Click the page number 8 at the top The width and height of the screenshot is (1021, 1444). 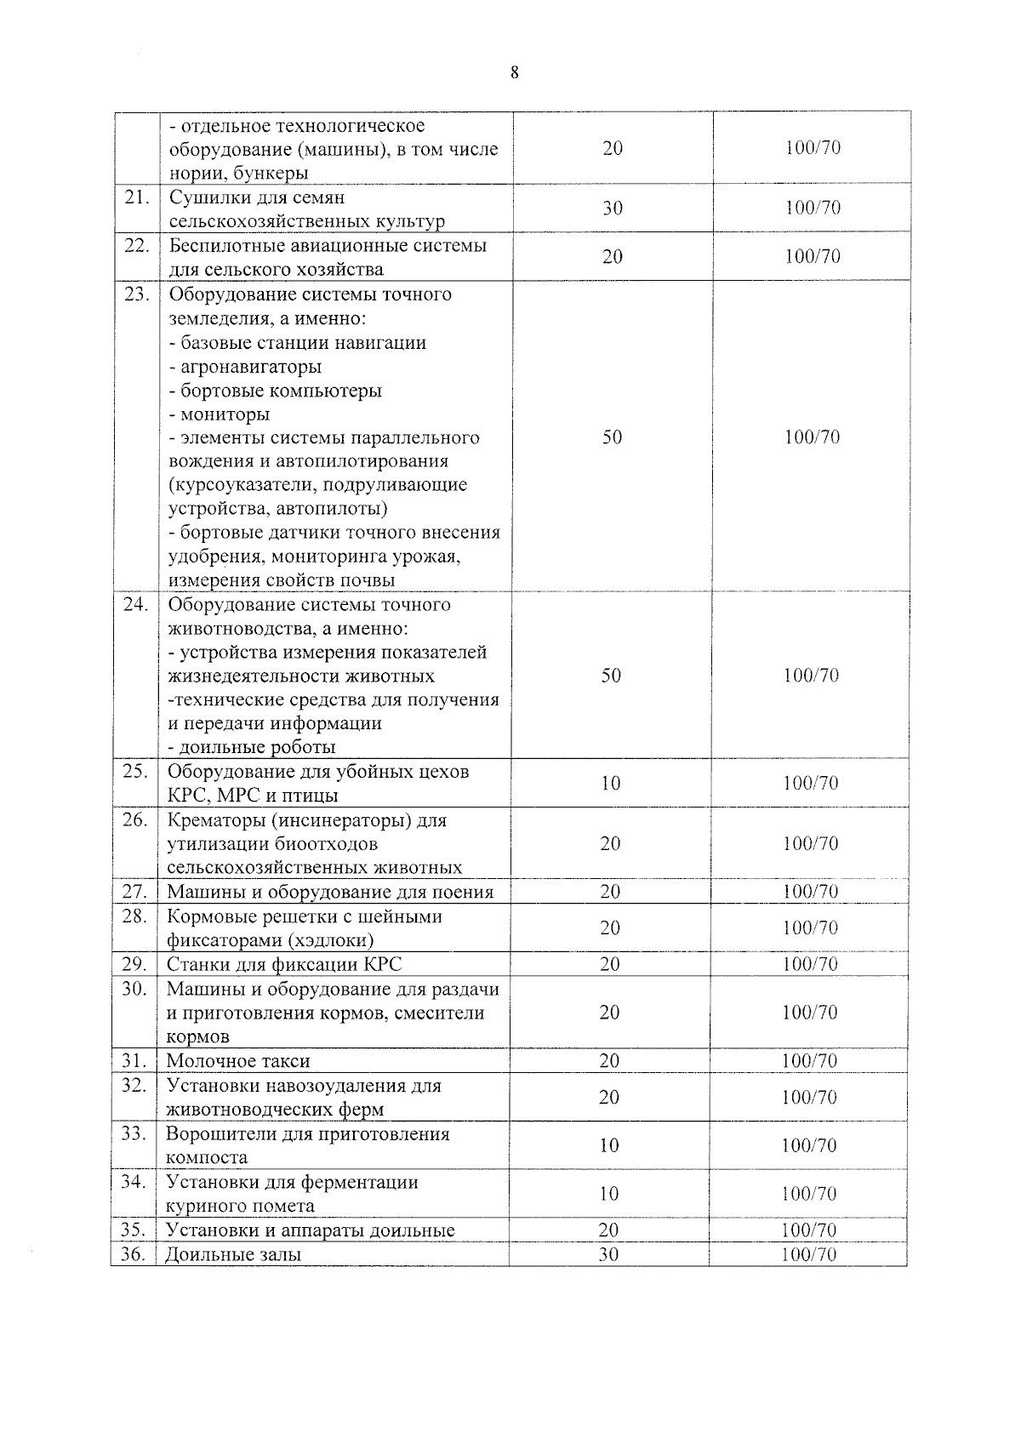point(514,72)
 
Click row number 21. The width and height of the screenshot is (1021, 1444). point(136,197)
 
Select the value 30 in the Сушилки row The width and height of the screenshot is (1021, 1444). point(612,208)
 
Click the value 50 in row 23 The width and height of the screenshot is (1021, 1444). point(612,437)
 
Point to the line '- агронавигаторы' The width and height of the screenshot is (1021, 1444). point(245,367)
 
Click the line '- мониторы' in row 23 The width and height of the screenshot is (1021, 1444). point(220,414)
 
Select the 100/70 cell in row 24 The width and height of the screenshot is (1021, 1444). point(811,676)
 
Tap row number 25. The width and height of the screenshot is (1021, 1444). point(135,771)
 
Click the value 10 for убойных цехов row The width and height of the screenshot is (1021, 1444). point(610,784)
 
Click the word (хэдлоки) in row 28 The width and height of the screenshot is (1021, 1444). point(330,940)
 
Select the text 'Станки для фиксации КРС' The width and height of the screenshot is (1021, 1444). point(284,964)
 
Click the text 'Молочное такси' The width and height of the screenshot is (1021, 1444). point(238,1061)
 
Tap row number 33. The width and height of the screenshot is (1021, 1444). point(134,1133)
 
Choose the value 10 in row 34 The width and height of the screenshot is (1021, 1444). point(608,1194)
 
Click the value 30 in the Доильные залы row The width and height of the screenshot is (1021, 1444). point(608,1254)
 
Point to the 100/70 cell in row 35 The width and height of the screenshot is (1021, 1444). point(809,1230)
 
